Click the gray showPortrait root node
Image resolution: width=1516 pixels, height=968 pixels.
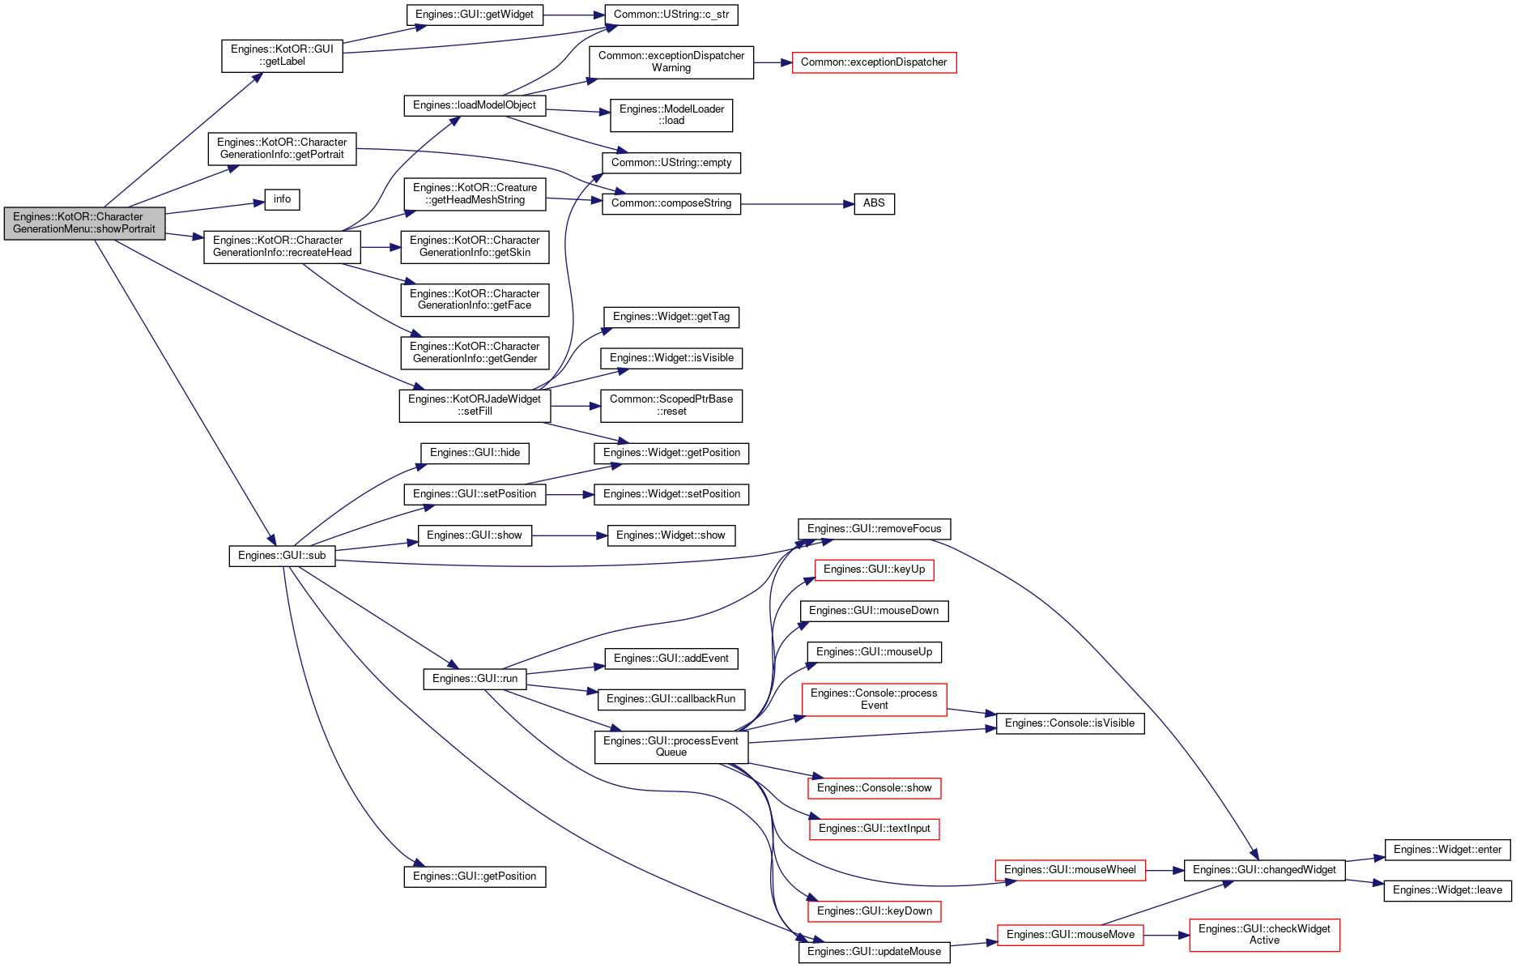click(84, 224)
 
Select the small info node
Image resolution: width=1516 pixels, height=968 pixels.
click(283, 199)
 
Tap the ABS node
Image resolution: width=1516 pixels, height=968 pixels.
click(874, 203)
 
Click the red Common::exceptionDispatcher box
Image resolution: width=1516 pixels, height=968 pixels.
click(874, 62)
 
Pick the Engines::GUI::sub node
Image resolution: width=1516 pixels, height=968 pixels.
click(282, 556)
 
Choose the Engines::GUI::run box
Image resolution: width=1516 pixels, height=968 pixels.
click(475, 679)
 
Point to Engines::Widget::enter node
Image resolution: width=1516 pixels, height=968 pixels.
click(1447, 850)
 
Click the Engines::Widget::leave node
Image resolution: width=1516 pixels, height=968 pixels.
click(1447, 890)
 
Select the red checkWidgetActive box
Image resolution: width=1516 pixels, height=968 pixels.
click(1264, 935)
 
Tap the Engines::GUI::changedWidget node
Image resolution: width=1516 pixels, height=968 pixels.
click(1264, 870)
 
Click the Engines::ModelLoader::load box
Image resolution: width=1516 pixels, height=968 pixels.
click(671, 115)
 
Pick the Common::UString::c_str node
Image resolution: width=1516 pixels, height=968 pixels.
click(671, 15)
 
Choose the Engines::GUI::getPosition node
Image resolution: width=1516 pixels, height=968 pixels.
click(475, 876)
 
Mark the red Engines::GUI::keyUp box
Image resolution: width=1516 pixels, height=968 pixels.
click(874, 569)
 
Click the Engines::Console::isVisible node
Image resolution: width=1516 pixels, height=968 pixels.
click(1070, 723)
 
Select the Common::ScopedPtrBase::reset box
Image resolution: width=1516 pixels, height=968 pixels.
click(671, 405)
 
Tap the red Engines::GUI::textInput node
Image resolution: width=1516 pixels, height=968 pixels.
click(874, 829)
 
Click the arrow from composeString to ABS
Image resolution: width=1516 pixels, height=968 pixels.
click(797, 204)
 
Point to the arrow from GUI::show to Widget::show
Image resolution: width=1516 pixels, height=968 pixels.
click(569, 535)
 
